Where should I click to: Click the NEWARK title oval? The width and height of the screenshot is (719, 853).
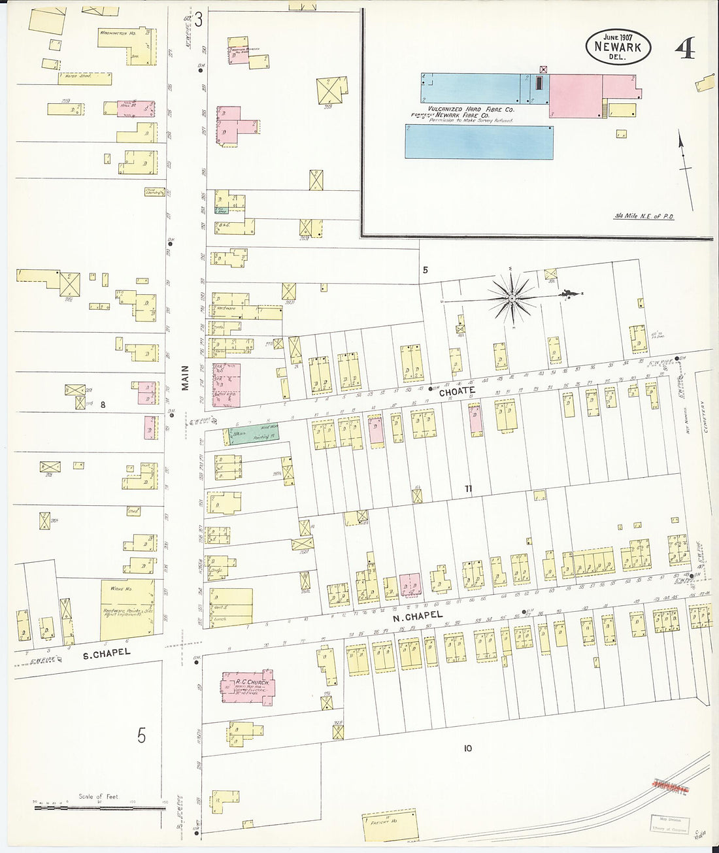(618, 46)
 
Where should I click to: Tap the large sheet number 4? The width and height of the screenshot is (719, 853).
(684, 48)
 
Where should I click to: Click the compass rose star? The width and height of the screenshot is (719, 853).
(512, 298)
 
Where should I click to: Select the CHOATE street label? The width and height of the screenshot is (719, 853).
(457, 392)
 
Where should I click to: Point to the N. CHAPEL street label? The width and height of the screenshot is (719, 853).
(417, 616)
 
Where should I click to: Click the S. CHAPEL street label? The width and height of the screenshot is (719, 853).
(107, 652)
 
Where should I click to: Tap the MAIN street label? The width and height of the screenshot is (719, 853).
(185, 378)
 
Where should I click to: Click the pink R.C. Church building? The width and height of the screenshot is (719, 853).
(248, 686)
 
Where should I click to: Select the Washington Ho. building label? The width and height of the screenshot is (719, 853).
(118, 32)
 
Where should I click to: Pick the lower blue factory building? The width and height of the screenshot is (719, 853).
(478, 142)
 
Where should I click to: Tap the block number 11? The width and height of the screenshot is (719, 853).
(468, 489)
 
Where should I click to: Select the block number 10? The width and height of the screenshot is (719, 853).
(467, 748)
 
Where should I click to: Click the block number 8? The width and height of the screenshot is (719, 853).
(103, 405)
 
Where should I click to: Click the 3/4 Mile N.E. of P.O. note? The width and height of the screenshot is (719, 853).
(644, 216)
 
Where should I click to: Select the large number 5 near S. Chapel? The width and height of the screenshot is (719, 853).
(141, 736)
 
